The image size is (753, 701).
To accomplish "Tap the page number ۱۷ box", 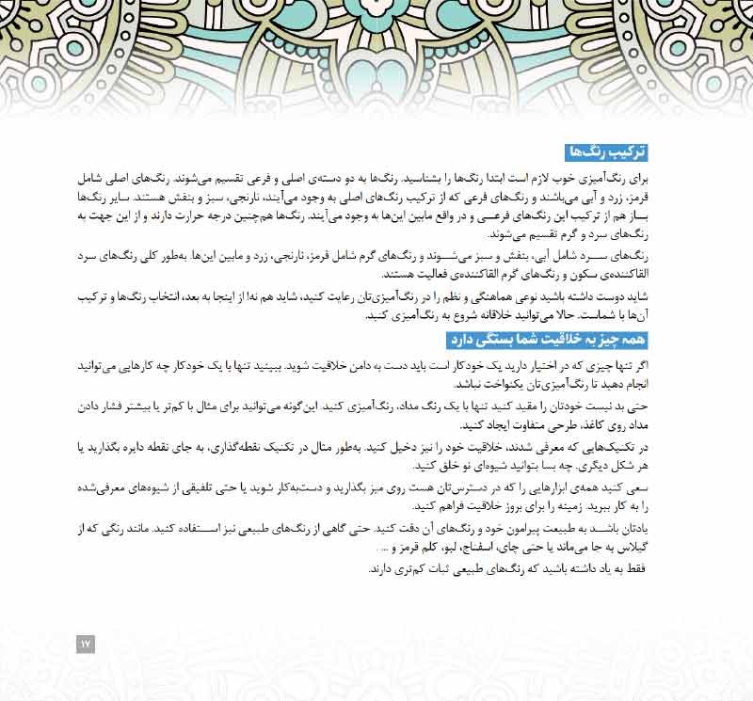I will click(86, 644).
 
